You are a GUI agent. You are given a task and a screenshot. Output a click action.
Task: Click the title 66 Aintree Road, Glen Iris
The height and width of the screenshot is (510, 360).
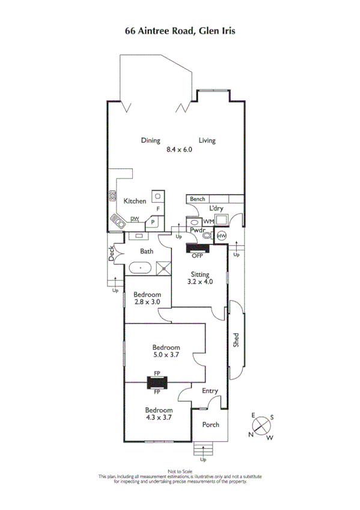click(180, 29)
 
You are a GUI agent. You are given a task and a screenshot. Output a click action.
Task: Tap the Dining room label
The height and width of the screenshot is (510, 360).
click(150, 141)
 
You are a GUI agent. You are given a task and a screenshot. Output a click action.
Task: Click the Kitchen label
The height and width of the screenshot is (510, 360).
click(135, 201)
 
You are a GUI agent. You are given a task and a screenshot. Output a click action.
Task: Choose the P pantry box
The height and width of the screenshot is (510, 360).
click(153, 222)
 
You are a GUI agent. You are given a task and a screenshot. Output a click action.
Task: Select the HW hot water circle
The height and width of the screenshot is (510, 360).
click(221, 235)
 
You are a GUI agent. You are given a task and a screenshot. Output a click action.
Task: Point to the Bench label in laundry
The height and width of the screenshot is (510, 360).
click(197, 199)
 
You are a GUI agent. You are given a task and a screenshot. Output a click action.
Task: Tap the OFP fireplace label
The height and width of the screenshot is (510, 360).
click(197, 256)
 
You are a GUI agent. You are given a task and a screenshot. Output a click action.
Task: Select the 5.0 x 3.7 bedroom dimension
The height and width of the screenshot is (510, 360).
click(166, 355)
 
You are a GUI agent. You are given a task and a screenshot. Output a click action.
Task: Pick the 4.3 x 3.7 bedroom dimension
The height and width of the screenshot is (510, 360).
click(159, 417)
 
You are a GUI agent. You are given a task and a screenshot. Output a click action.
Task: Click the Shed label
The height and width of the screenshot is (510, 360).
click(236, 340)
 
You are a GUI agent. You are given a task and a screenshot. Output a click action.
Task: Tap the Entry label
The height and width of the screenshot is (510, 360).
click(210, 391)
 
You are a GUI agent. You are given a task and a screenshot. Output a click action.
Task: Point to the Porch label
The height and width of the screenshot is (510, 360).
click(210, 425)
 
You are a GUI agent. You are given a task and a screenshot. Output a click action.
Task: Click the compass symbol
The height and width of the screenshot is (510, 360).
click(261, 426)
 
